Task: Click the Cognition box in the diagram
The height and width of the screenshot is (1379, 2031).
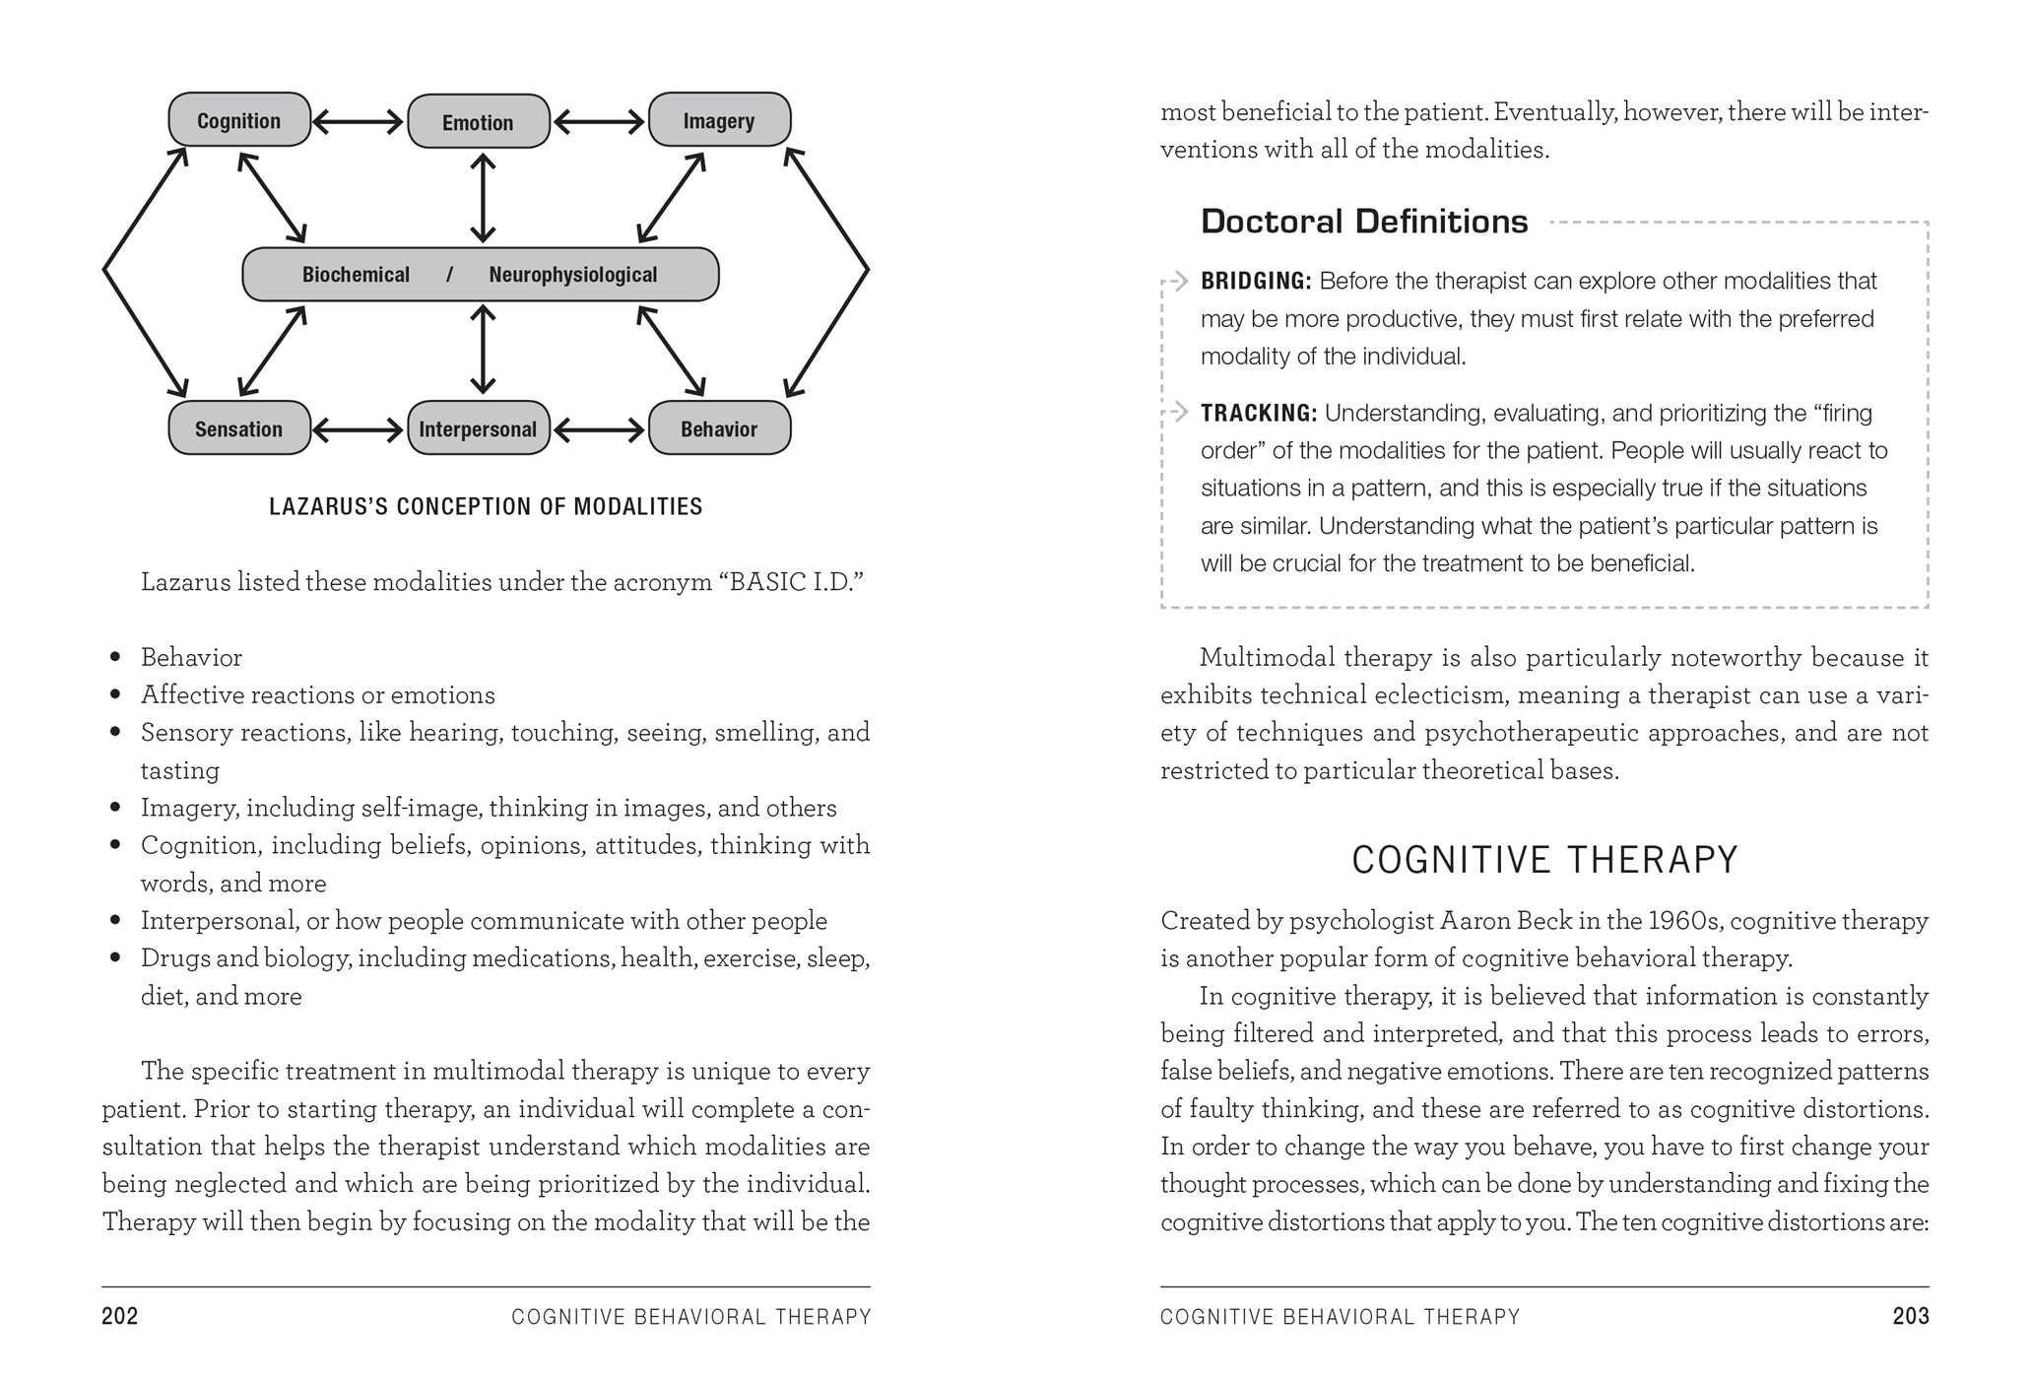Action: point(239,120)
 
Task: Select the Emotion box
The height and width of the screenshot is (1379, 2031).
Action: point(479,122)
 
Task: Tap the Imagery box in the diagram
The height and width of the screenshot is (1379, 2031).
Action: point(719,120)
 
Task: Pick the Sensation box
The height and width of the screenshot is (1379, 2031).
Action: point(239,428)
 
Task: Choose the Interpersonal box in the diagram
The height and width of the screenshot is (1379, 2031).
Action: point(479,428)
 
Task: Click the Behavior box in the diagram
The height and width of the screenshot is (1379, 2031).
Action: point(719,428)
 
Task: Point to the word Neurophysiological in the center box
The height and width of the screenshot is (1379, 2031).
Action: point(572,275)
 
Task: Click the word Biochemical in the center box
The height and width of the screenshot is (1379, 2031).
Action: point(356,275)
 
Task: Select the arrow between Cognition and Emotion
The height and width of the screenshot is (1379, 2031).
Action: point(359,122)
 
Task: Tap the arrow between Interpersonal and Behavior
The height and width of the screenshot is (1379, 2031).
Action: point(599,429)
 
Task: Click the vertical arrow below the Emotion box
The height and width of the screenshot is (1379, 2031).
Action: point(483,198)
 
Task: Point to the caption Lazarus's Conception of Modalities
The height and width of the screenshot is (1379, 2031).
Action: point(486,506)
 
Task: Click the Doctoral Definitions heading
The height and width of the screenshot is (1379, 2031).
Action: point(1364,222)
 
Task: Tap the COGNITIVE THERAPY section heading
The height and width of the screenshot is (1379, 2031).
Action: point(1544,860)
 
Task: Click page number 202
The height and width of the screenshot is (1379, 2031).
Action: point(120,1316)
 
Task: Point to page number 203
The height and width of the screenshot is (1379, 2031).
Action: point(1910,1316)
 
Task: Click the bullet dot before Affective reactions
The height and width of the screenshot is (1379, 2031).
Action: point(116,695)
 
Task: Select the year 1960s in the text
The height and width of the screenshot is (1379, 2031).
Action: point(1685,921)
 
